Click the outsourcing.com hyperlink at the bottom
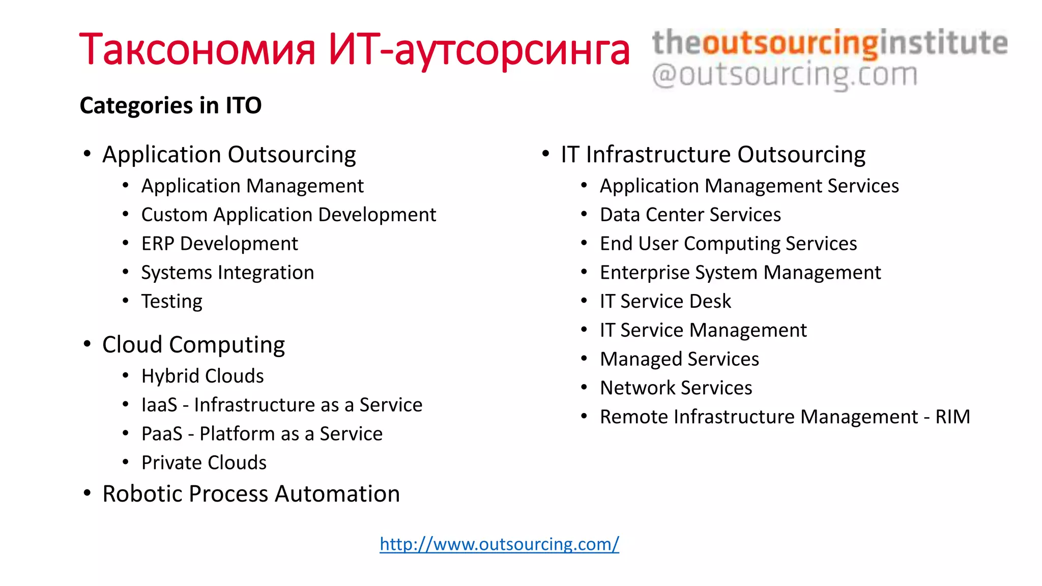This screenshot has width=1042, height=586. (x=499, y=544)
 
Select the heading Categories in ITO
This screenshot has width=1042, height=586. (x=170, y=105)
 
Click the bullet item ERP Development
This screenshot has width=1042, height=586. (x=219, y=244)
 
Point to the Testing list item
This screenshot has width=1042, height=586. (x=171, y=302)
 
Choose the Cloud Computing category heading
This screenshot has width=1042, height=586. (x=193, y=345)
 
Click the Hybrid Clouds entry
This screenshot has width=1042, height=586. (x=202, y=376)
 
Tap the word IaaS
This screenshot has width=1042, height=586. (x=159, y=405)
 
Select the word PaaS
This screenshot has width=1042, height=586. (x=162, y=434)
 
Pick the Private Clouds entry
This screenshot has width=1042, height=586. (x=204, y=463)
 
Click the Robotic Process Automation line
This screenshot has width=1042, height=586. (x=251, y=494)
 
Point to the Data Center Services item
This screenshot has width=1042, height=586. (x=690, y=215)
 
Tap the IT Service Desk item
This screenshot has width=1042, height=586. (x=665, y=302)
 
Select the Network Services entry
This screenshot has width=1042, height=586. (x=676, y=388)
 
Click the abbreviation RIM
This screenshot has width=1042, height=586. (x=952, y=417)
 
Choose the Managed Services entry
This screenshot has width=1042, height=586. (x=679, y=359)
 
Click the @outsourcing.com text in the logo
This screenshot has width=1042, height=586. (x=785, y=75)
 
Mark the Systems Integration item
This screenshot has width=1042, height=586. (x=227, y=273)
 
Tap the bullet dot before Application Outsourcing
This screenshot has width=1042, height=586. (x=88, y=154)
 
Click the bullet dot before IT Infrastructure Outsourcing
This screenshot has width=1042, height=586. (x=546, y=154)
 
